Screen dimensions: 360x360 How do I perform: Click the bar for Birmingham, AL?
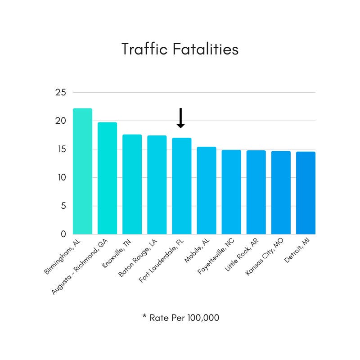(x=82, y=171)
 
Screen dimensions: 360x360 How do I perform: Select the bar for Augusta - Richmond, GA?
(x=107, y=178)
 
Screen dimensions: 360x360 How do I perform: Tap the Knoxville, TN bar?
(x=132, y=184)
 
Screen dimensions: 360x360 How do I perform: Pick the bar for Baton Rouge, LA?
(x=157, y=184)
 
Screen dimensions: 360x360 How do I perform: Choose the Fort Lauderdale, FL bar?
(x=182, y=186)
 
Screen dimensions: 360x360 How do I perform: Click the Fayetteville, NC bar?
(x=231, y=192)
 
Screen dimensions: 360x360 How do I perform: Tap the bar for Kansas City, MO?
(x=281, y=193)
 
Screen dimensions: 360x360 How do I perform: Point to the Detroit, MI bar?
(x=306, y=193)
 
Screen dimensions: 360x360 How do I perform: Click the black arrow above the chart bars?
(x=180, y=118)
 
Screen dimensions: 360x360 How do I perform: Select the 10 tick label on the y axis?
(x=61, y=178)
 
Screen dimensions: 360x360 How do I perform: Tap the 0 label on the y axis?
(x=63, y=234)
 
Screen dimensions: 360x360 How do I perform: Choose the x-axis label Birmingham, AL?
(x=63, y=257)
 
